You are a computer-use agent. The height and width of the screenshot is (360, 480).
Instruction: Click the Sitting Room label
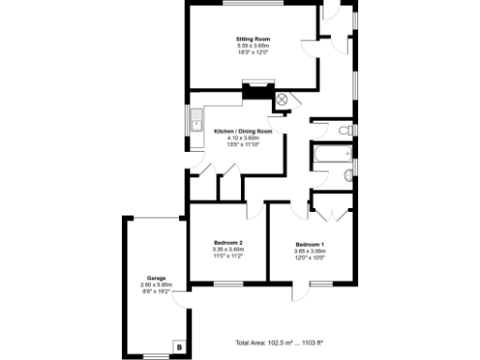click(x=252, y=38)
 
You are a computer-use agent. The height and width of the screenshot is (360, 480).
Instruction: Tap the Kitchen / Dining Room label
click(x=236, y=131)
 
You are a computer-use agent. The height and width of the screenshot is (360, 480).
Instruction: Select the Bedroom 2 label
click(x=229, y=243)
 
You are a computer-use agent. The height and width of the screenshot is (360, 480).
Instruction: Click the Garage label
click(x=155, y=278)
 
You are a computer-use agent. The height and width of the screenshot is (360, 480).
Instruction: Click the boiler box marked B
click(x=178, y=346)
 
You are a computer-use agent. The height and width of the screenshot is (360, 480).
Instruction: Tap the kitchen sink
click(x=196, y=122)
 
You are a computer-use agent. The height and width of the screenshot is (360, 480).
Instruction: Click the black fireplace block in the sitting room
click(x=254, y=92)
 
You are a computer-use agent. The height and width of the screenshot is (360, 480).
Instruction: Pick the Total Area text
click(x=278, y=343)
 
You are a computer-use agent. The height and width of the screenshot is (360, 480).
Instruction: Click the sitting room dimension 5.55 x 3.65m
click(x=252, y=45)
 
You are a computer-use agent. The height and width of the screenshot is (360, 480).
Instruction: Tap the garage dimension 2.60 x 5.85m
click(x=155, y=285)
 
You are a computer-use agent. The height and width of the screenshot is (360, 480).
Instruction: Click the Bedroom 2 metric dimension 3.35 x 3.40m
click(x=229, y=249)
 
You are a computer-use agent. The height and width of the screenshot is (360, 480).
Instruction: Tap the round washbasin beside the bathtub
click(x=349, y=174)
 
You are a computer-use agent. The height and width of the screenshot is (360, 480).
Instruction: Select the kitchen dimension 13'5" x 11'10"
click(x=236, y=144)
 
